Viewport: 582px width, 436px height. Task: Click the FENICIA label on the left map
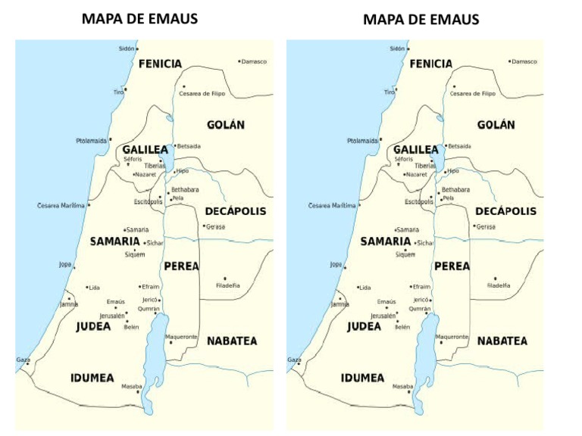pyautogui.click(x=160, y=64)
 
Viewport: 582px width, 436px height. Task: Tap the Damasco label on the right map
pyautogui.click(x=524, y=61)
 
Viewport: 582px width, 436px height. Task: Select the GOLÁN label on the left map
pyautogui.click(x=226, y=125)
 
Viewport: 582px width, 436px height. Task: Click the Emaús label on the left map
pyautogui.click(x=115, y=301)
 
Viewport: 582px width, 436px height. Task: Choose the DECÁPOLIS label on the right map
pyautogui.click(x=505, y=211)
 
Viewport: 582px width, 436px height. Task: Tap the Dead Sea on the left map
pyautogui.click(x=158, y=337)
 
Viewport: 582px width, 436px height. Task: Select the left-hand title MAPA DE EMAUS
pyautogui.click(x=139, y=18)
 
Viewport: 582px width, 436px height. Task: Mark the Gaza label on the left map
pyautogui.click(x=23, y=360)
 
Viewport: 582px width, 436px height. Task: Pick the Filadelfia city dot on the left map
pyautogui.click(x=225, y=279)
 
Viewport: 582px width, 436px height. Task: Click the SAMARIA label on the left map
pyautogui.click(x=114, y=241)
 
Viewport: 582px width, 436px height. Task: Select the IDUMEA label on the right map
pyautogui.click(x=362, y=378)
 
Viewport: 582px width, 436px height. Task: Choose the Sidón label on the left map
pyautogui.click(x=127, y=48)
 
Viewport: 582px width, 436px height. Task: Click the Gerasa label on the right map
pyautogui.click(x=486, y=226)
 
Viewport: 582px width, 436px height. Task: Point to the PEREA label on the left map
pyautogui.click(x=181, y=266)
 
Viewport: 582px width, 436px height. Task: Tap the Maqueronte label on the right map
pyautogui.click(x=452, y=336)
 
